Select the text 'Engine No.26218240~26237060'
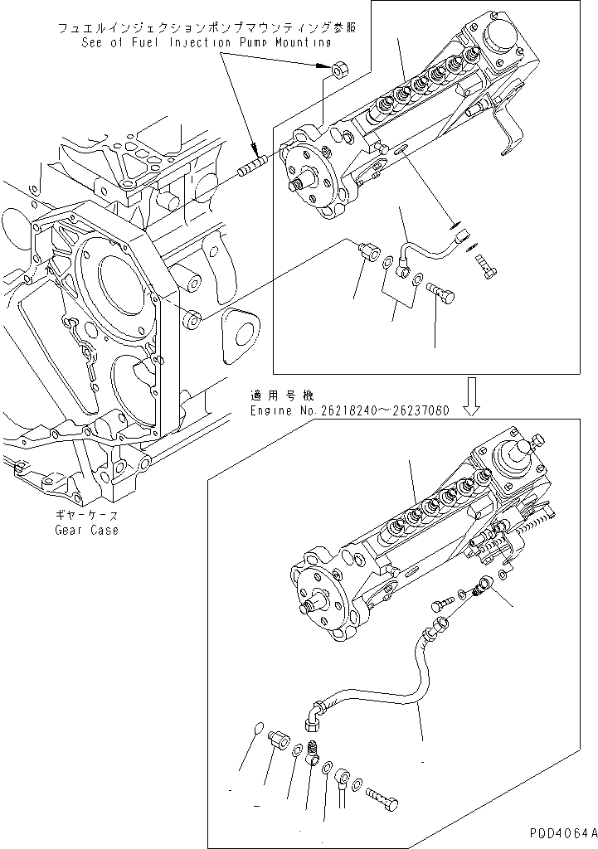[x=351, y=410]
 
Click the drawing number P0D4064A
[x=560, y=832]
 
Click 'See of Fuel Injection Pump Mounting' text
[x=206, y=41]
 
